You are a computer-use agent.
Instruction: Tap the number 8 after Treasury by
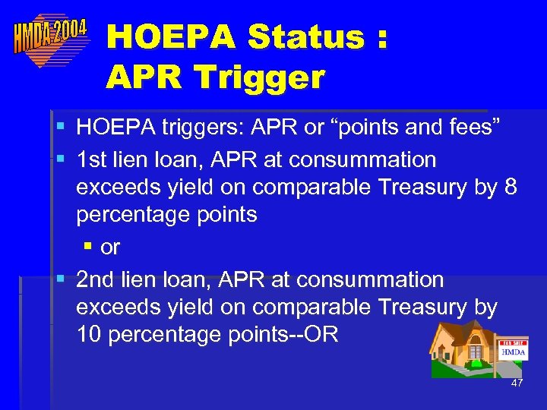(510, 187)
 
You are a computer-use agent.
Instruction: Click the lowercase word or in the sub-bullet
(110, 247)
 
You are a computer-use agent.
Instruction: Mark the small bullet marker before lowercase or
(87, 248)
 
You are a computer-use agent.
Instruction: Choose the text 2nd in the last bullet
(96, 279)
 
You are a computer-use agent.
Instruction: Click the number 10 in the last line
(89, 334)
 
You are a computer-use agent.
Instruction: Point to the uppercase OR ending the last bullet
(322, 334)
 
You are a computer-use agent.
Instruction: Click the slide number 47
(517, 383)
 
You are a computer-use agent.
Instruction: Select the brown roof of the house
(456, 330)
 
